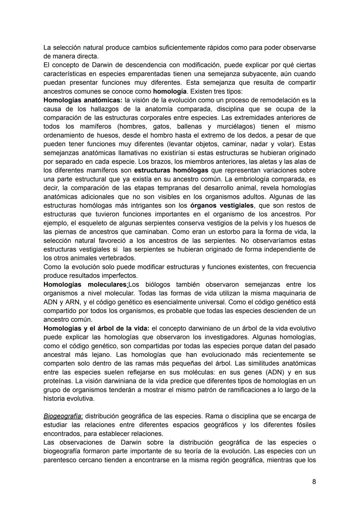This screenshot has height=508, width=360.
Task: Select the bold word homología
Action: coord(169,91)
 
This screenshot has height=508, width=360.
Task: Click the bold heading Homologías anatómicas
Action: coord(83,100)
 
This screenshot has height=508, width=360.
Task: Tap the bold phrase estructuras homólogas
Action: coord(171,170)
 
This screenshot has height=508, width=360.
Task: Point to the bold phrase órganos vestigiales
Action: coord(222,206)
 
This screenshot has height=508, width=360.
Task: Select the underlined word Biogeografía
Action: coord(62,416)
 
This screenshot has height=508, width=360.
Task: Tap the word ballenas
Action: coord(189,127)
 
